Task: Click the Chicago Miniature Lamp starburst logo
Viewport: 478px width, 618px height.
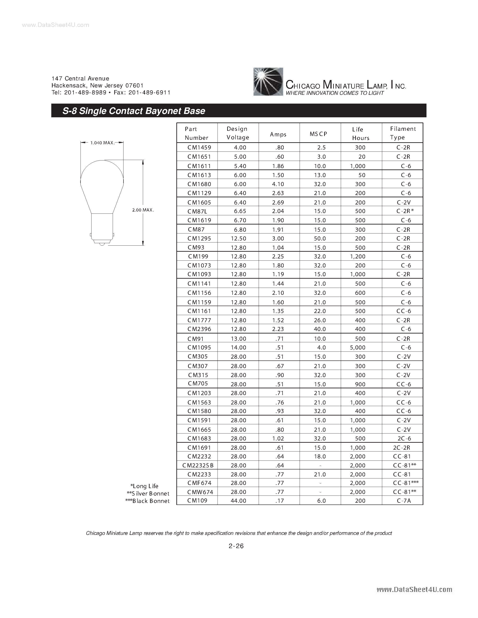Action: (268, 82)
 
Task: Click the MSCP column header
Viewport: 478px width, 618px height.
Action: (318, 134)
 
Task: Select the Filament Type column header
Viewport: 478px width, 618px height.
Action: (402, 133)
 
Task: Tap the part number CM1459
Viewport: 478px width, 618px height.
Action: (199, 147)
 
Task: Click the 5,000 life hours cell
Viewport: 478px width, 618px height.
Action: (358, 347)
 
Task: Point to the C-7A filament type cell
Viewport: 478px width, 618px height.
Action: (404, 500)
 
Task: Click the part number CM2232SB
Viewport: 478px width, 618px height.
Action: (198, 465)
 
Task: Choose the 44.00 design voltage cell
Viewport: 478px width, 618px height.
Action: (238, 500)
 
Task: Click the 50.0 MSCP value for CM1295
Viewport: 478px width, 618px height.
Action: (320, 238)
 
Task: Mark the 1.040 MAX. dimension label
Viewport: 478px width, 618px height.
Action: (102, 143)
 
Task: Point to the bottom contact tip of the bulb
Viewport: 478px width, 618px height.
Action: (102, 244)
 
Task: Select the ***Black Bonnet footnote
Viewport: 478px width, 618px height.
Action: (147, 501)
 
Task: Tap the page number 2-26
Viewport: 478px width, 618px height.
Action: (236, 546)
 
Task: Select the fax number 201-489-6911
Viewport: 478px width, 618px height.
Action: (149, 93)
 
